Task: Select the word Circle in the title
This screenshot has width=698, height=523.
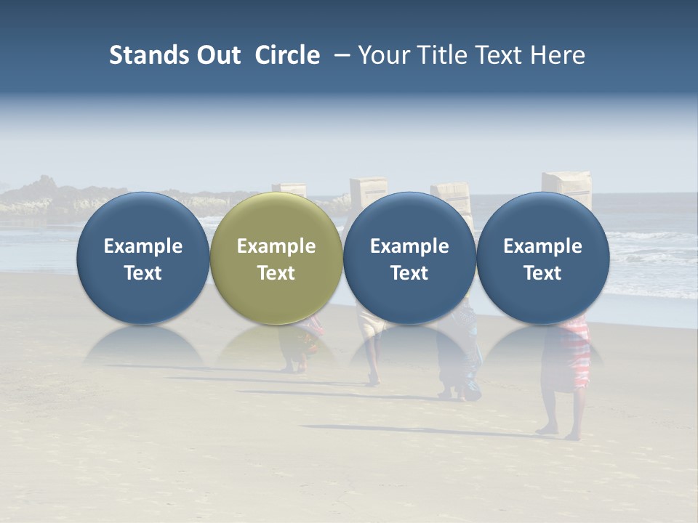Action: click(287, 55)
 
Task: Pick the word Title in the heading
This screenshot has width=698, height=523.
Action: click(436, 55)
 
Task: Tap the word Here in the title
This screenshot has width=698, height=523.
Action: click(556, 55)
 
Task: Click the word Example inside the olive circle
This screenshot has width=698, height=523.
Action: click(276, 246)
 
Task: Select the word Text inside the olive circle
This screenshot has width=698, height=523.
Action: click(276, 273)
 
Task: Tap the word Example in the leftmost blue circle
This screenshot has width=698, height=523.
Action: click(143, 246)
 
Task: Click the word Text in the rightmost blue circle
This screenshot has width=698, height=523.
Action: click(542, 273)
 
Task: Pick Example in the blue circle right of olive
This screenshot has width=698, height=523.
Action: click(409, 246)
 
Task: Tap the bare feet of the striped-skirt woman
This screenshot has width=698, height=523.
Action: click(560, 433)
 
